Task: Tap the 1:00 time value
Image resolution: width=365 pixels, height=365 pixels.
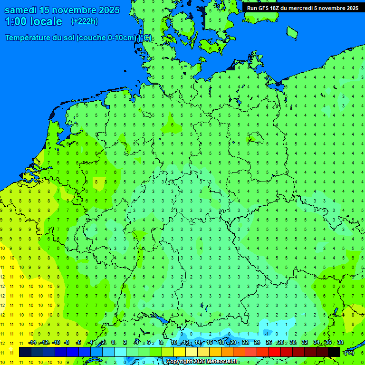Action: click(x=15, y=21)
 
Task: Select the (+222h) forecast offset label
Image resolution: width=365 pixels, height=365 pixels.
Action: click(x=84, y=21)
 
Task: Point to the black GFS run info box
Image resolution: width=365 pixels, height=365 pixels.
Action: click(x=303, y=8)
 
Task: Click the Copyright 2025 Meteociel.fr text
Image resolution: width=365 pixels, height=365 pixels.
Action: click(x=202, y=362)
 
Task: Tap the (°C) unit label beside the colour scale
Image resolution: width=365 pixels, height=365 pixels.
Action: click(x=349, y=353)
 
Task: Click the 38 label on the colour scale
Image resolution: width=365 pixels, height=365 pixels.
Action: click(x=340, y=342)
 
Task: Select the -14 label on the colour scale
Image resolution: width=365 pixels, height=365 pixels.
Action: click(x=32, y=342)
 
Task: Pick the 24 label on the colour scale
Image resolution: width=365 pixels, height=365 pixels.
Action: click(x=257, y=342)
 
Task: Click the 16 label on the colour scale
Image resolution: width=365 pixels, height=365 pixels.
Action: click(x=210, y=342)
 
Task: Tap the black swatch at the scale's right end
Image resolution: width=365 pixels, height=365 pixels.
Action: click(x=334, y=352)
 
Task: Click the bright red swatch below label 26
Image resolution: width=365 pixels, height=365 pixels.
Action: click(x=275, y=352)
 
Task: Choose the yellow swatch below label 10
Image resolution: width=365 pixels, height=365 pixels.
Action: click(x=180, y=352)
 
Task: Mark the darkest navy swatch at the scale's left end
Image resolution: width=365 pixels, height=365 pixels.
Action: click(x=25, y=352)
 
